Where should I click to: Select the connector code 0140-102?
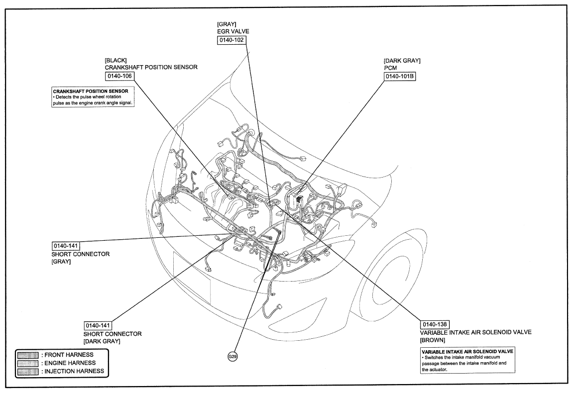231,40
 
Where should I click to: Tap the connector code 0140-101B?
400,77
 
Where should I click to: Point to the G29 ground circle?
231,357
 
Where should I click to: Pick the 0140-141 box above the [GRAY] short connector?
66,246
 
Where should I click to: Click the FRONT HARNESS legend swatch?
28,354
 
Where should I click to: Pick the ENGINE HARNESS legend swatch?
28,363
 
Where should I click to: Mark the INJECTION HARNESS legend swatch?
28,371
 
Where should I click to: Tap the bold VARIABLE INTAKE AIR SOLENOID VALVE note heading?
461,351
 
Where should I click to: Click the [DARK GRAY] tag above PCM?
402,60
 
